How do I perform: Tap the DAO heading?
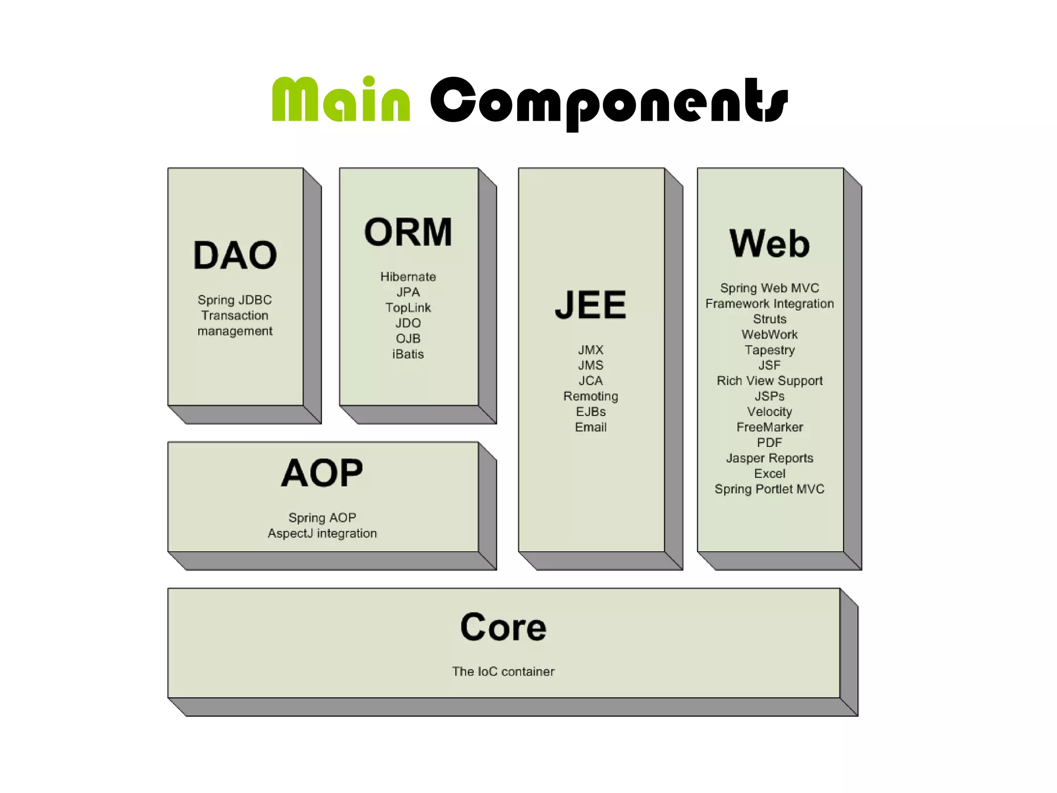[235, 255]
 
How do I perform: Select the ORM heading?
[408, 232]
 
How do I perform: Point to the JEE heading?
[590, 305]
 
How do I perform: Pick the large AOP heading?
[322, 473]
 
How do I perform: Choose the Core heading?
[503, 627]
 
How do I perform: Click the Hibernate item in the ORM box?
[408, 277]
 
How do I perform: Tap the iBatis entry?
[408, 354]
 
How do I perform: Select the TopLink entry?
[408, 308]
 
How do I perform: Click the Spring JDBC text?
[234, 300]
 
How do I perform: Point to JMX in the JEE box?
[590, 350]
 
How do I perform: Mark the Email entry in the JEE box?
[590, 427]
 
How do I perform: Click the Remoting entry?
[590, 396]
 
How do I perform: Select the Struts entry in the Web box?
[769, 319]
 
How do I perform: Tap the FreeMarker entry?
[769, 427]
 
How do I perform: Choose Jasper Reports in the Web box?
[769, 458]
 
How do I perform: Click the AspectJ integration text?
[322, 533]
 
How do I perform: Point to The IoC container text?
[503, 671]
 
